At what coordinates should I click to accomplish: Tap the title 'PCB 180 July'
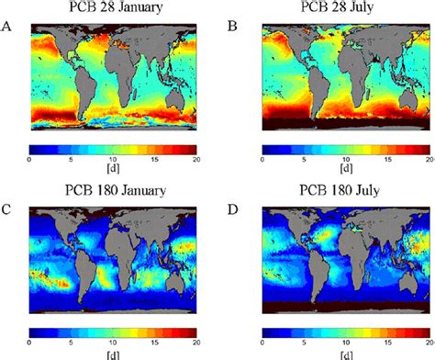click(x=345, y=191)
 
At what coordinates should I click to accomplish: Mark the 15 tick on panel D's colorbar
click(x=388, y=343)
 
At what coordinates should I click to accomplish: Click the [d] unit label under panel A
click(x=114, y=170)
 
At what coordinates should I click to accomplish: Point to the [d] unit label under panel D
click(x=345, y=354)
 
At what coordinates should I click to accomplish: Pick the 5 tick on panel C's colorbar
click(x=72, y=343)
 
